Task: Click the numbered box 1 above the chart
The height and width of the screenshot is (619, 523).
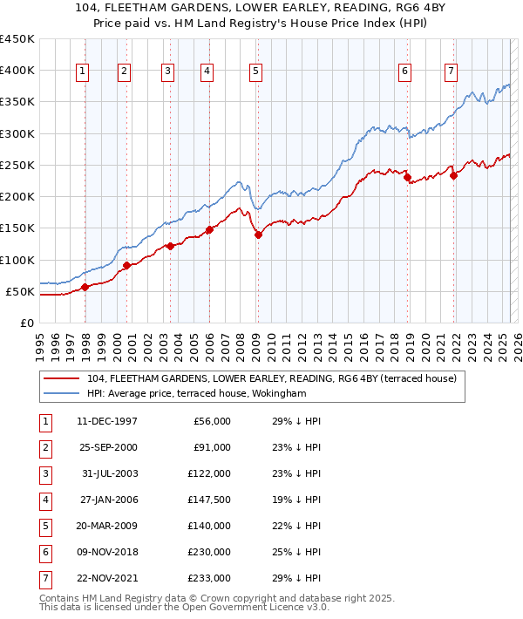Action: [x=83, y=72]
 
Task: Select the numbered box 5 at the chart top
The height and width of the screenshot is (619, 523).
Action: [x=255, y=72]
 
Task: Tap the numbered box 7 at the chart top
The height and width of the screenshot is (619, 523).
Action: [x=451, y=72]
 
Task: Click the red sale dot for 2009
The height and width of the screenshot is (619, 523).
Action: [x=258, y=234]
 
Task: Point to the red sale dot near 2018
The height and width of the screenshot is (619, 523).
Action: [x=407, y=178]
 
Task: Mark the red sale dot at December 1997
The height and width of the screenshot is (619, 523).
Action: [x=85, y=287]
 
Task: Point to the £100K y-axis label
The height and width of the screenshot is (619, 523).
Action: [x=17, y=260]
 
